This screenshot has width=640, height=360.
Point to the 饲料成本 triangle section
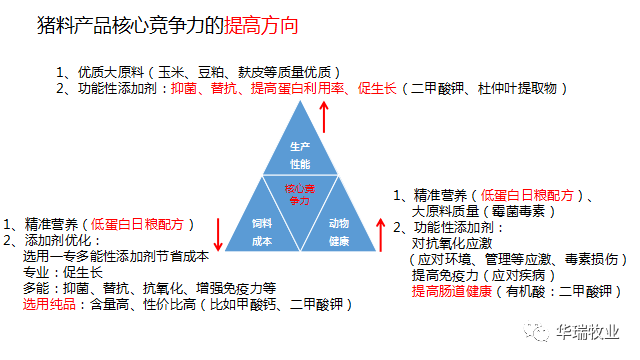(261, 230)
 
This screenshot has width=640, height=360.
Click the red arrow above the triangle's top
(325, 118)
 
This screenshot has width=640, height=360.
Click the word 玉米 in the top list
(175, 72)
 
